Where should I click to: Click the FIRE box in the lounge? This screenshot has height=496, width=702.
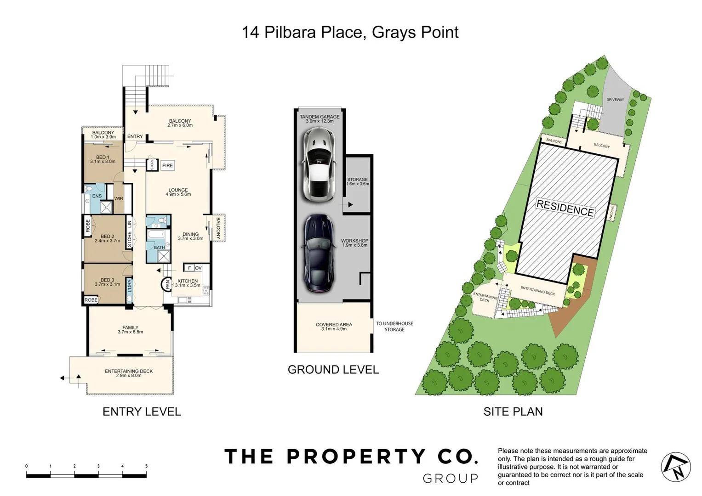point(167,165)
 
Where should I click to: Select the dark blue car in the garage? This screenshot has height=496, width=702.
point(319,254)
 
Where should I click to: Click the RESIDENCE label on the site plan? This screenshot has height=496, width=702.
point(565,209)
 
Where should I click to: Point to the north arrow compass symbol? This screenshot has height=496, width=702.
point(675,467)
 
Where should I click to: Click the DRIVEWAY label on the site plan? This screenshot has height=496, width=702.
point(615,100)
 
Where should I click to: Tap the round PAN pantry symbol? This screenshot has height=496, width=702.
point(167,285)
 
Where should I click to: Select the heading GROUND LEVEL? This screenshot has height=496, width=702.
point(333,370)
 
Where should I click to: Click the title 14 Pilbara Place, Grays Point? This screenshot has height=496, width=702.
point(350,33)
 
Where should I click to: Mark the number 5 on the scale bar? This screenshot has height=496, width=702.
point(146,466)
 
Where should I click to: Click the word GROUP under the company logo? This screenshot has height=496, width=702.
point(450,479)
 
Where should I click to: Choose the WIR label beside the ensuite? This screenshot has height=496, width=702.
point(119,199)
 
